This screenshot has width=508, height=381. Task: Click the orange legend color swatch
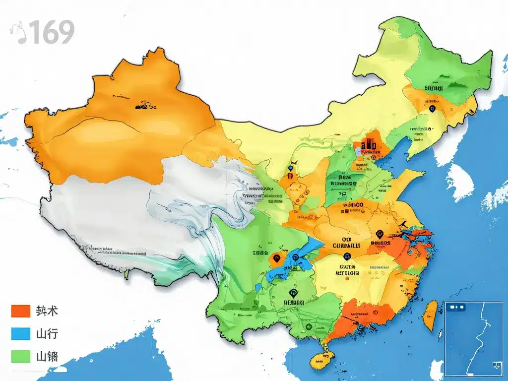coord(21,311)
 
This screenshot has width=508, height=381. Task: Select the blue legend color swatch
coord(21,333)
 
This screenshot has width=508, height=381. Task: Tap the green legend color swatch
coord(21,356)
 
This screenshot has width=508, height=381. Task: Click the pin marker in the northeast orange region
coord(432,108)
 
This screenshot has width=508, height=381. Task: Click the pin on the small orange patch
coord(276,257)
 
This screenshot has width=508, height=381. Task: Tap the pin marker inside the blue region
coord(296,257)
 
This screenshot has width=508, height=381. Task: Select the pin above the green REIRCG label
coord(293,293)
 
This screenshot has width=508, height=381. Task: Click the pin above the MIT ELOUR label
coord(346,256)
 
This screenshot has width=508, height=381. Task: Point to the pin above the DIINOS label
coord(380,233)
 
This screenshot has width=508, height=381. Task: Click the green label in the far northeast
coord(437,87)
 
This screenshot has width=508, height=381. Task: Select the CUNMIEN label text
coord(345,245)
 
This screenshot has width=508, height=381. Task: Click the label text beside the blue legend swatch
coord(47,333)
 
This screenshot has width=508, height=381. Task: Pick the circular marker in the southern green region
coord(309,327)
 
